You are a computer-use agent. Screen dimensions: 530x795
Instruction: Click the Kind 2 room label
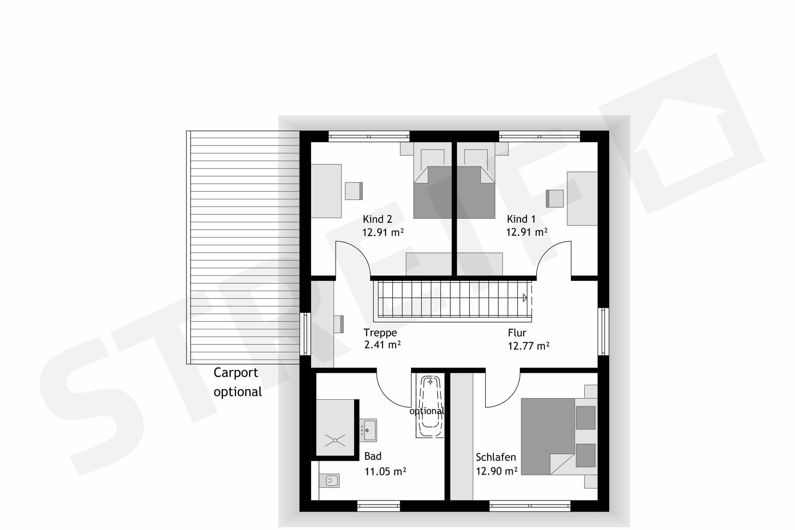(x=377, y=219)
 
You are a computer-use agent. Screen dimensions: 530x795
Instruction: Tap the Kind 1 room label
(x=521, y=219)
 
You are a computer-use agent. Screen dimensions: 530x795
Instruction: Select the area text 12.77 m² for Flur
(x=528, y=346)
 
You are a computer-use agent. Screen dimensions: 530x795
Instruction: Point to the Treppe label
(x=380, y=333)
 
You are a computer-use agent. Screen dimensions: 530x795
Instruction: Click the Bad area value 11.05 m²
(x=385, y=471)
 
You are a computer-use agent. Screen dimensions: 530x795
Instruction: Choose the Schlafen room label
(x=495, y=457)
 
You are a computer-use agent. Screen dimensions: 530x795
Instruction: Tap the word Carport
(x=236, y=372)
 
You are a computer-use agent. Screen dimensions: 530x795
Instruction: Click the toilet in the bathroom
(x=330, y=481)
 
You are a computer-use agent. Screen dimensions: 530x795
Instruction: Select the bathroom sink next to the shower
(x=368, y=430)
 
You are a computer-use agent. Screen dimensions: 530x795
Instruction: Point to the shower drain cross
(x=335, y=440)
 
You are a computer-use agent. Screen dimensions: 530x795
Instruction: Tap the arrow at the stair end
(x=525, y=298)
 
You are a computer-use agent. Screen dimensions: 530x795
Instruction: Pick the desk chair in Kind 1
(x=555, y=199)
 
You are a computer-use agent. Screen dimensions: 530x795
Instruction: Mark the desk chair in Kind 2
(x=354, y=191)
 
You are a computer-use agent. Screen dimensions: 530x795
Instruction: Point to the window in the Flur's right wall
(x=603, y=331)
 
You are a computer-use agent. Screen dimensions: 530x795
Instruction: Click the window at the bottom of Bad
(x=379, y=506)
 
